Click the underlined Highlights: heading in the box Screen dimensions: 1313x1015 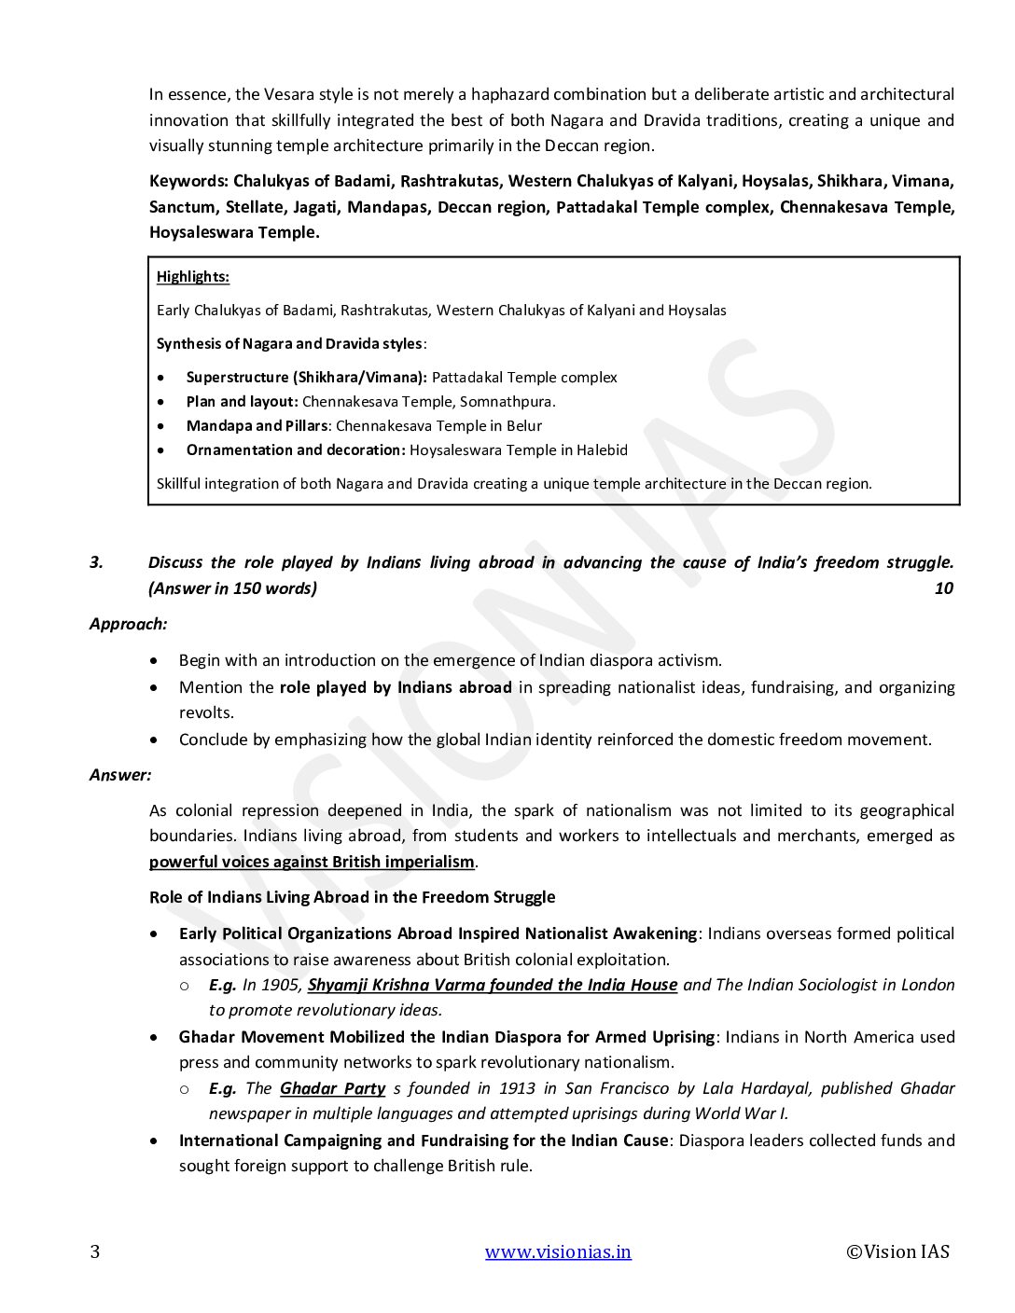point(193,277)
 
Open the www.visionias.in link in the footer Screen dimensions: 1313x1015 point(557,1251)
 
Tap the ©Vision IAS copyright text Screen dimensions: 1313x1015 point(897,1251)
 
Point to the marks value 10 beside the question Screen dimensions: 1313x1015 point(943,588)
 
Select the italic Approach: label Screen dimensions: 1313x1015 point(128,624)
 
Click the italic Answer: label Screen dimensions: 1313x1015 point(119,775)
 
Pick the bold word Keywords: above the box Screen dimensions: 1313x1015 point(188,181)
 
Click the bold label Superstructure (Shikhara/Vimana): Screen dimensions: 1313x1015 point(306,378)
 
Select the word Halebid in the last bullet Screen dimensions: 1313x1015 point(602,450)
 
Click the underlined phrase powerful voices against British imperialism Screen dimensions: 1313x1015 point(312,862)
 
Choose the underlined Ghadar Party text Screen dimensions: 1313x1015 point(332,1088)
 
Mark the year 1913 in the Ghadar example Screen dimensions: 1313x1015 point(517,1088)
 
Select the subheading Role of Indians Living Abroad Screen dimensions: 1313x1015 point(352,897)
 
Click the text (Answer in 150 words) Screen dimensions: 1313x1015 point(232,588)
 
